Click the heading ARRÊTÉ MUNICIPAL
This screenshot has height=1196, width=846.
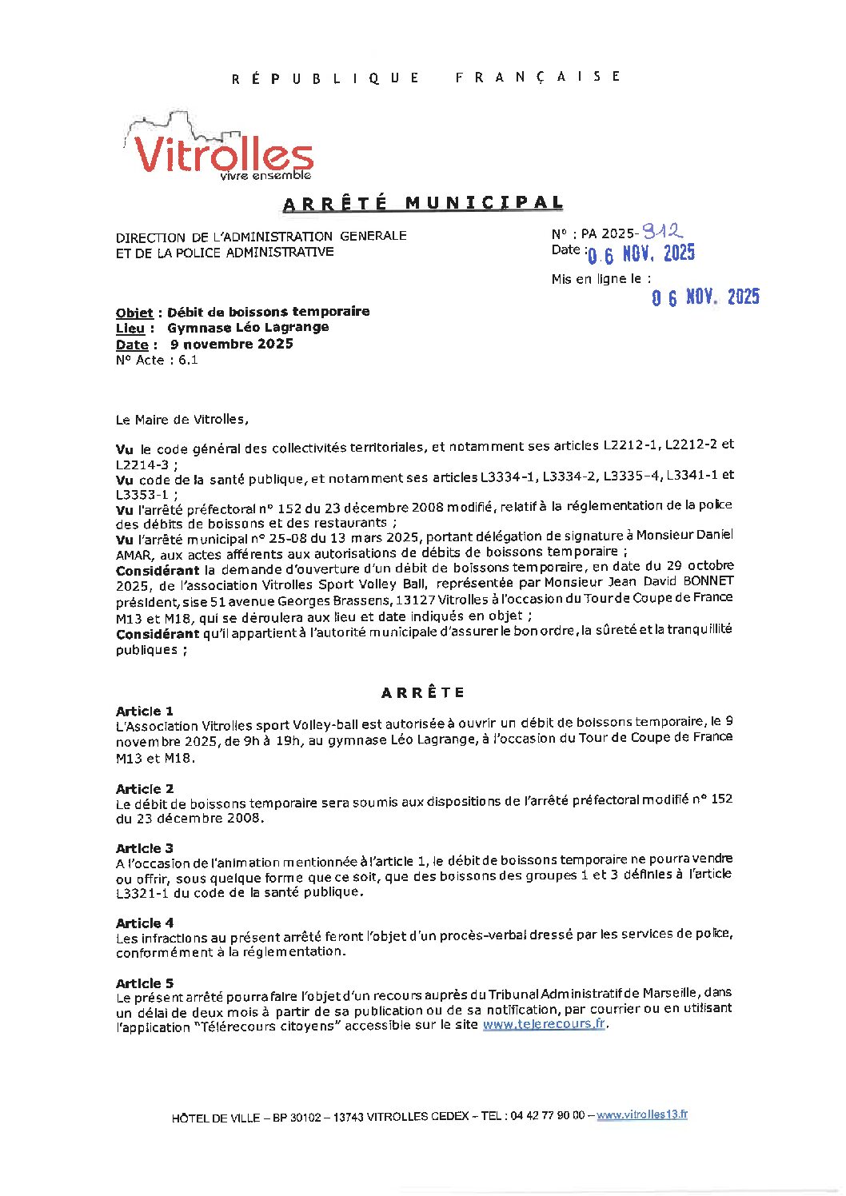point(423,203)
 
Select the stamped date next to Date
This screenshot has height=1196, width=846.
point(640,254)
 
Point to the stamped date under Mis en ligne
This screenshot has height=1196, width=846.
point(704,297)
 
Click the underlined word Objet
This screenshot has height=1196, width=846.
point(134,312)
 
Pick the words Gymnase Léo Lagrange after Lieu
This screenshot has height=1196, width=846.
point(248,327)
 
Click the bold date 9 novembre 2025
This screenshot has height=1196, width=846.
point(231,344)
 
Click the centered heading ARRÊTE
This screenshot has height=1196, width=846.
point(423,692)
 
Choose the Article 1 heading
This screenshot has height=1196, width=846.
point(145,711)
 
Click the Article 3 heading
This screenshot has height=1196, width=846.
point(145,847)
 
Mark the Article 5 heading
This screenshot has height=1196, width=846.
point(145,983)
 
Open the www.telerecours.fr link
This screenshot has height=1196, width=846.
point(544,1024)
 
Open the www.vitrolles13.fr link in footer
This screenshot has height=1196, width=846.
point(642,1114)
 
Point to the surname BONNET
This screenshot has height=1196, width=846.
point(707,581)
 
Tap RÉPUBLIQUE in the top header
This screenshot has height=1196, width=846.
point(325,78)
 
